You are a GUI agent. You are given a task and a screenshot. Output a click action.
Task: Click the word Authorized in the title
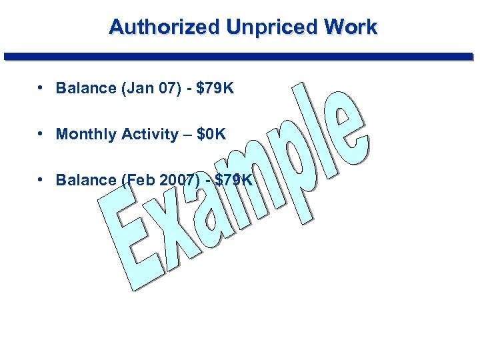[164, 27]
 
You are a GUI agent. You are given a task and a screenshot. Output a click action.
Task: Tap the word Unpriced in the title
[273, 27]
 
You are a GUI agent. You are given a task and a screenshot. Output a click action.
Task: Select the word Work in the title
[351, 27]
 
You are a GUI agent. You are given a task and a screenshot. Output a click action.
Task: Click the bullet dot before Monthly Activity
[41, 133]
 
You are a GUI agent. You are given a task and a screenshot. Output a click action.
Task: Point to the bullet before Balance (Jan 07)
[41, 87]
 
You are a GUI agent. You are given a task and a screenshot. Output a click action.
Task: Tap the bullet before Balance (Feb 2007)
[41, 179]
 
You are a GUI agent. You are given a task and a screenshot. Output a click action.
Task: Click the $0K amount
[211, 134]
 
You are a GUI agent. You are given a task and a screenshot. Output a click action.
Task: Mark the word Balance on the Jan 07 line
[83, 88]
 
